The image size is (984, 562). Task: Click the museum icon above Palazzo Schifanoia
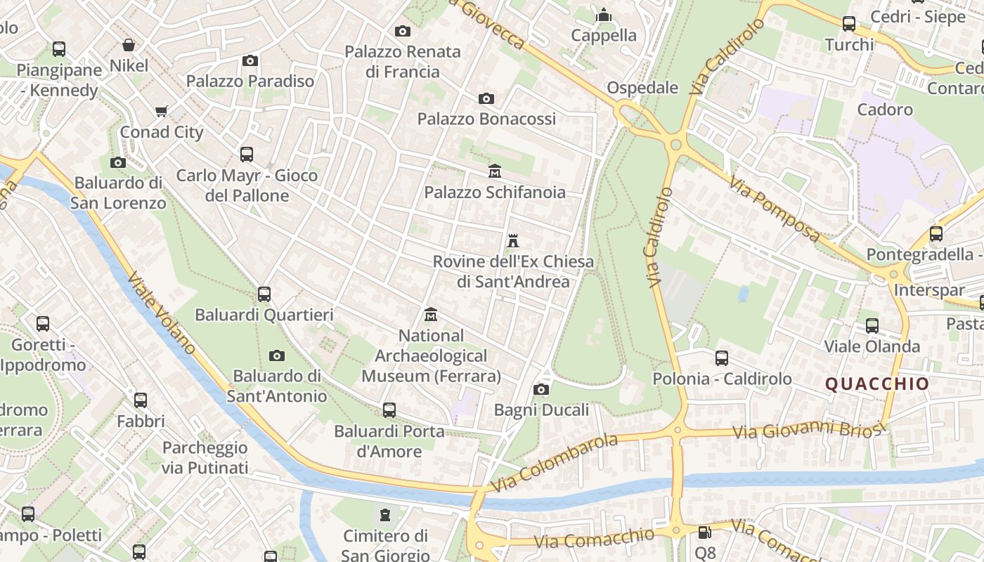click(495, 171)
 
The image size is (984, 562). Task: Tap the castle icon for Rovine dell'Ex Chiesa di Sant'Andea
click(513, 241)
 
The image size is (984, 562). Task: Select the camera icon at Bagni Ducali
click(540, 389)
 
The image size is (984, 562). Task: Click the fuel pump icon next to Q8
click(704, 533)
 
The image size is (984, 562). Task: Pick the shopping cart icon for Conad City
click(161, 111)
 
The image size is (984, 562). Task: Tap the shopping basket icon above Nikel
click(129, 45)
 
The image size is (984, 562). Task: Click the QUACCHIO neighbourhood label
click(876, 384)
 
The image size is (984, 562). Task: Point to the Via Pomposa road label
click(774, 209)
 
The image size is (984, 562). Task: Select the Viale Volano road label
click(162, 312)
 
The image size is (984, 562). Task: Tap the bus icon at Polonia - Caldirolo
click(721, 358)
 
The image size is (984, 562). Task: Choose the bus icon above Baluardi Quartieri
click(264, 294)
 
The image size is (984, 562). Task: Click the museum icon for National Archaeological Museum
click(431, 315)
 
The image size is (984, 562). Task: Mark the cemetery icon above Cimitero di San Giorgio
click(384, 515)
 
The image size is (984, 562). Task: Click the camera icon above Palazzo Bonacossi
click(486, 98)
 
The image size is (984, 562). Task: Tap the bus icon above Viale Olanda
click(872, 325)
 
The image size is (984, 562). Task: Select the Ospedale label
click(642, 88)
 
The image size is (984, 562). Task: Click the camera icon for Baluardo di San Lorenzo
click(118, 162)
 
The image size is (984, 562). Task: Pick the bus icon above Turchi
click(849, 24)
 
